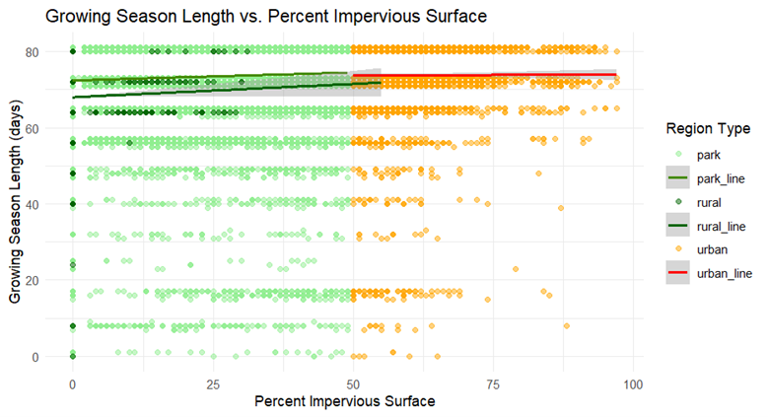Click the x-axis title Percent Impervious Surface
[344, 402]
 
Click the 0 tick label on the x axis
[72, 382]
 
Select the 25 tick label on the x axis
[212, 382]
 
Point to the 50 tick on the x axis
[353, 382]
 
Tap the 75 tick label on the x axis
[493, 382]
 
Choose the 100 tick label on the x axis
[633, 382]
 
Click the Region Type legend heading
[707, 128]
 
